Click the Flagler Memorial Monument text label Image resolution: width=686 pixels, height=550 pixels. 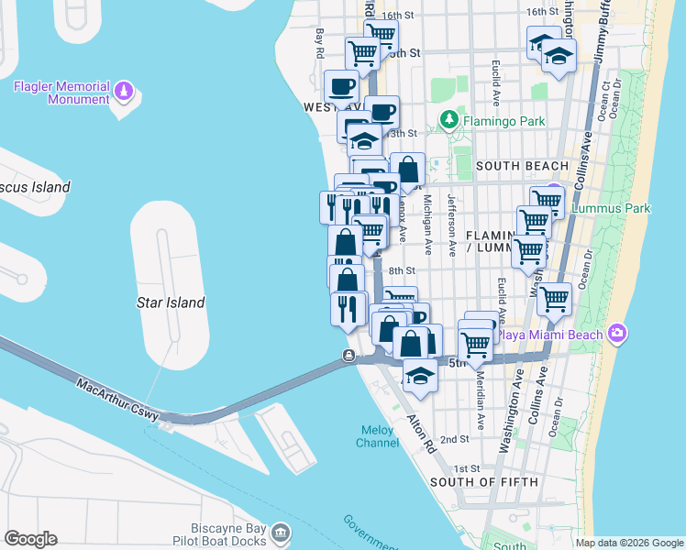point(61,93)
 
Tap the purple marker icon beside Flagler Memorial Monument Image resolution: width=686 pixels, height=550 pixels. point(125,92)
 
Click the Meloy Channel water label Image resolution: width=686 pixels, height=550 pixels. point(377,435)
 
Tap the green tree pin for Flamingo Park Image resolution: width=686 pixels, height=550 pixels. point(449,121)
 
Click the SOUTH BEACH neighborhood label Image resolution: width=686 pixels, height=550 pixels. point(522,166)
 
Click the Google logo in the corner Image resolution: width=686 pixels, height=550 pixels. point(30,539)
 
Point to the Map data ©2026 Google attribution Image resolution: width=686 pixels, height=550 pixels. point(630,543)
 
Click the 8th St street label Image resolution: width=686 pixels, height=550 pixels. point(402,271)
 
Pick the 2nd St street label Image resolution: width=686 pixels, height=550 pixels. point(456,439)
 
